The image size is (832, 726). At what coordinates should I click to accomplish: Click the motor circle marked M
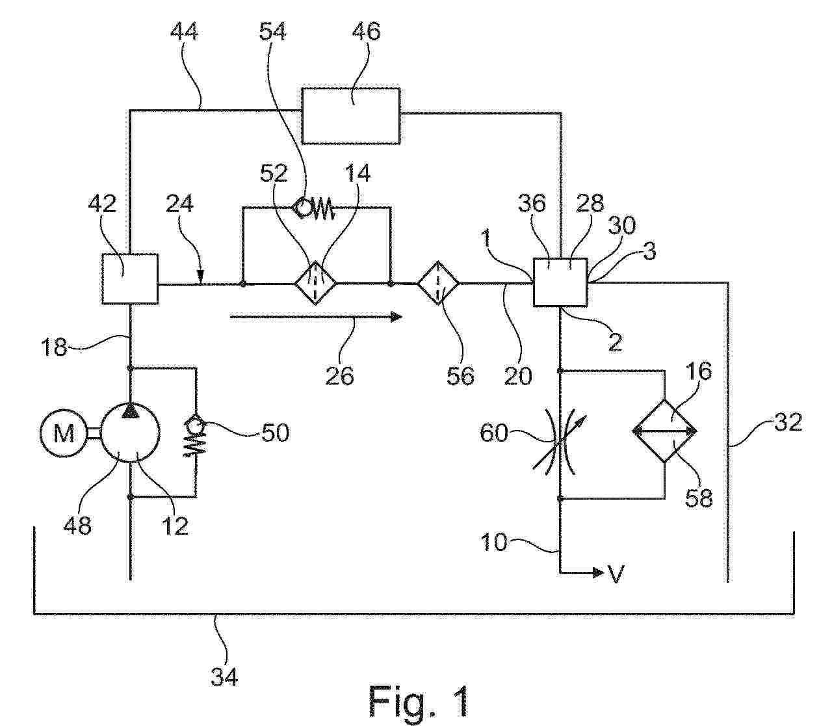point(63,433)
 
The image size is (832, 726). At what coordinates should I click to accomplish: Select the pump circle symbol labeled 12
point(131,433)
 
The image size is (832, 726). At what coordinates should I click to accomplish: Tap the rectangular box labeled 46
point(351,115)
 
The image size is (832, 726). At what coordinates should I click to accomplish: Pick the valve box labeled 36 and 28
point(560,282)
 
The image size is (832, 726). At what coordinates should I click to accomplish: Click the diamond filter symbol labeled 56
point(438,283)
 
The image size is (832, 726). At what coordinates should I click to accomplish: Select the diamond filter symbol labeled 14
point(315,283)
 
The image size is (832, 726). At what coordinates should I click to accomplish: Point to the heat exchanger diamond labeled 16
point(664,430)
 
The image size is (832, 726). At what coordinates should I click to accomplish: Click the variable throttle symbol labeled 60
point(560,433)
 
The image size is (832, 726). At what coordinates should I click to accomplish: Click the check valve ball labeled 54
point(302,208)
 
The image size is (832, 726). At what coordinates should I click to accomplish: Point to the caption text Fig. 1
point(418,701)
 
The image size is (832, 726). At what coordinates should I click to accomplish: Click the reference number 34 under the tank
point(224,677)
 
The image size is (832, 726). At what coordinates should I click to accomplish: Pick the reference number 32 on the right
point(788,423)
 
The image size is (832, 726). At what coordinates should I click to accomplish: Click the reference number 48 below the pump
point(77,524)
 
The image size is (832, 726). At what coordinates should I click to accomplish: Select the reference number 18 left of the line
point(55,347)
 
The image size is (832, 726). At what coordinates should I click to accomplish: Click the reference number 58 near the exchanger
point(699,498)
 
